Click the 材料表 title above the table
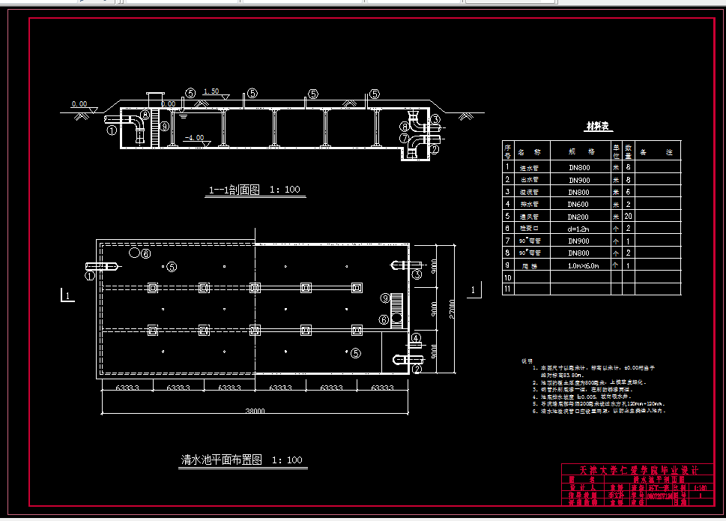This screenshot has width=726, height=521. [599, 127]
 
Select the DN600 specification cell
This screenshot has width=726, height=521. [578, 204]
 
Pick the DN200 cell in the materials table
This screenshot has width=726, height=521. [578, 216]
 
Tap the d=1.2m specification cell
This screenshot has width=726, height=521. [578, 228]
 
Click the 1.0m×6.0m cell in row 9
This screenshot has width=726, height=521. [578, 265]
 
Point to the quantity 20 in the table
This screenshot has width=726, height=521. [629, 216]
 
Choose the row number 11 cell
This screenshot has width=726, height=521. [507, 289]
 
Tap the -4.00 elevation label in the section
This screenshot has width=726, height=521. [193, 138]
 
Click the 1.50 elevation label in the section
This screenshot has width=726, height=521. [211, 91]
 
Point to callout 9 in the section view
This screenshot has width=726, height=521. [165, 126]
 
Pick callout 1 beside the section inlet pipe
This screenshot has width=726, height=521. [112, 130]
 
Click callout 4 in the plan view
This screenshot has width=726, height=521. [415, 337]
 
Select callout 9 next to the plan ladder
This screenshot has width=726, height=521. [384, 298]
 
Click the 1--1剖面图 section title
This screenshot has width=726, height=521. [253, 190]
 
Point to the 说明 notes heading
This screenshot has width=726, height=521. [527, 361]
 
